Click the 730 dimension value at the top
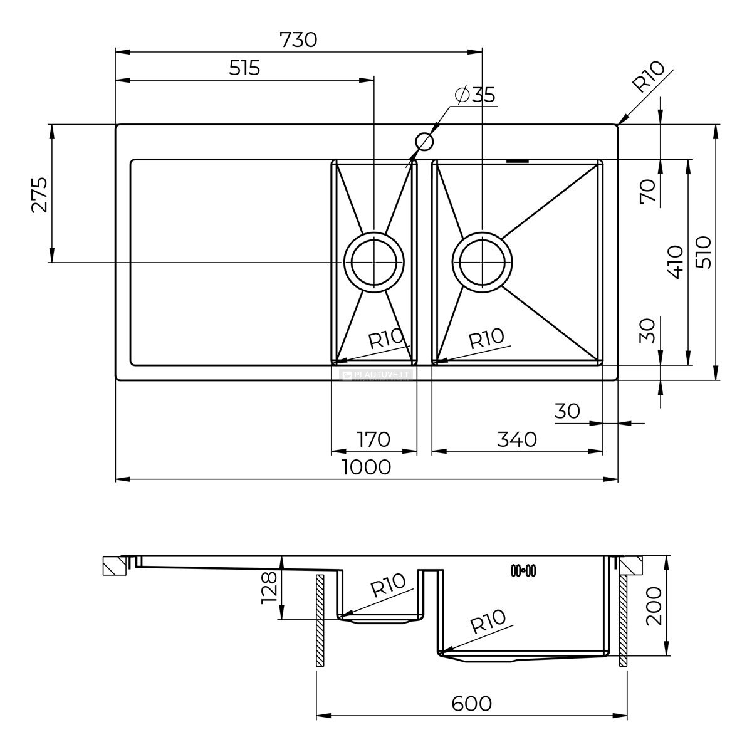(x=298, y=40)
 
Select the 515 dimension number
(x=244, y=68)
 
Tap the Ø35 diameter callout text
(x=475, y=95)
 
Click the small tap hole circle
(x=425, y=142)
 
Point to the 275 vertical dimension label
(x=39, y=195)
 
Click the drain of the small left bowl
(x=374, y=262)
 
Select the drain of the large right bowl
(x=483, y=262)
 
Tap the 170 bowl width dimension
(x=373, y=439)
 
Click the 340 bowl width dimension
(x=517, y=439)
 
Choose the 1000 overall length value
(x=366, y=467)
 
